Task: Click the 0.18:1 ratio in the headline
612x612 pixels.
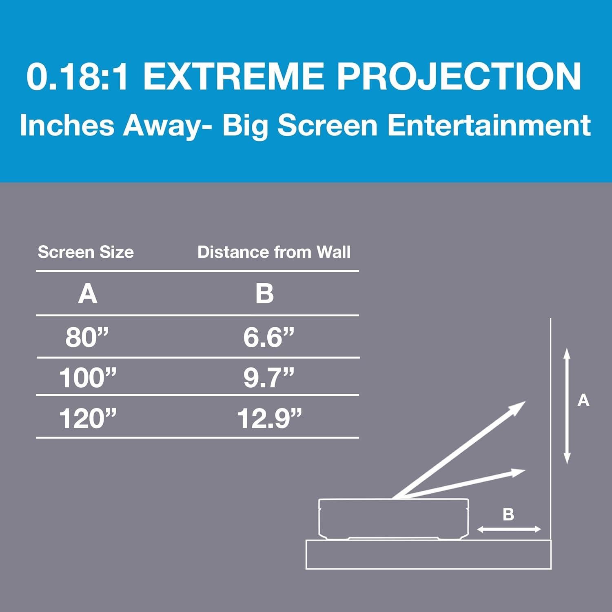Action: click(x=78, y=77)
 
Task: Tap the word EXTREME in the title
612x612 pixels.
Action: click(x=234, y=77)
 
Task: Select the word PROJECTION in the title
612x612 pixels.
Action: click(x=459, y=77)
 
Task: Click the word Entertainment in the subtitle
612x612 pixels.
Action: click(x=489, y=125)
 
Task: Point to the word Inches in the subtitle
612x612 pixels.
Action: click(x=67, y=125)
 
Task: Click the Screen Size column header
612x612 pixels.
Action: click(x=86, y=252)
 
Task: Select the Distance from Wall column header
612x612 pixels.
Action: click(x=274, y=252)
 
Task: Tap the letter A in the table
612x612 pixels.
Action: click(x=88, y=294)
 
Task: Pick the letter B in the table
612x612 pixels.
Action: click(x=264, y=294)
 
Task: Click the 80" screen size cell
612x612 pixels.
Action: click(x=87, y=337)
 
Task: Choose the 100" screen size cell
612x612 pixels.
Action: click(x=88, y=377)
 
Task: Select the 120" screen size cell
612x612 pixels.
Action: click(x=88, y=418)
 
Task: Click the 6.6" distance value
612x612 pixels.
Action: click(x=268, y=337)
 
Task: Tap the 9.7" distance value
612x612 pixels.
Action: click(x=268, y=377)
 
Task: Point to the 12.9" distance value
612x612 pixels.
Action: click(x=269, y=418)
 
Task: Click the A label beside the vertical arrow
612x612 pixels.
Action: click(x=583, y=401)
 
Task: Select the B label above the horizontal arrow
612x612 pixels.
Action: click(x=508, y=514)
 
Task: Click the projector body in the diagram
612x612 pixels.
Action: click(x=393, y=519)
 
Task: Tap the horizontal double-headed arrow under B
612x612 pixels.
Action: click(x=509, y=530)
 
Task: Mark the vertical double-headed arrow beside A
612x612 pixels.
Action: click(x=567, y=406)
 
